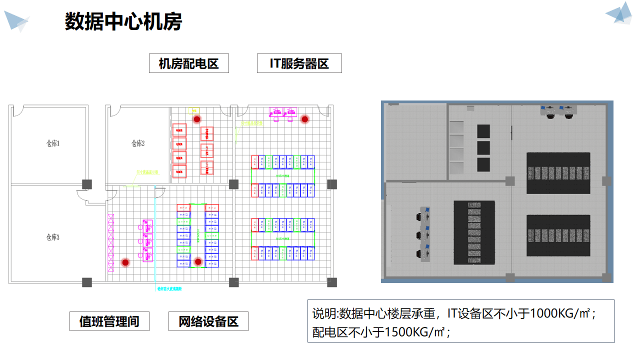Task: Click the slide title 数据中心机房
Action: click(x=123, y=22)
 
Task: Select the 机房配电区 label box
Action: click(x=188, y=63)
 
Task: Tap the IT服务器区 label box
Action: click(x=299, y=63)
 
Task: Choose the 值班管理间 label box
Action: click(x=109, y=321)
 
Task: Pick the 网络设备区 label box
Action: click(x=208, y=321)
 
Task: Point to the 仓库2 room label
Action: click(x=138, y=143)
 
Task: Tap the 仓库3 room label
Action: click(x=52, y=237)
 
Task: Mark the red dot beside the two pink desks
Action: click(x=304, y=119)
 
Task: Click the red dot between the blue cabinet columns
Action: click(x=198, y=261)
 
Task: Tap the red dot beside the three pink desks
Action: click(x=125, y=262)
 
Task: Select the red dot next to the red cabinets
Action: click(x=197, y=119)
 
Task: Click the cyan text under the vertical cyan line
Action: click(x=169, y=289)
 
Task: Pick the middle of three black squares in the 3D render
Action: click(x=483, y=148)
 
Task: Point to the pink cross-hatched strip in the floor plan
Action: click(x=111, y=242)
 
